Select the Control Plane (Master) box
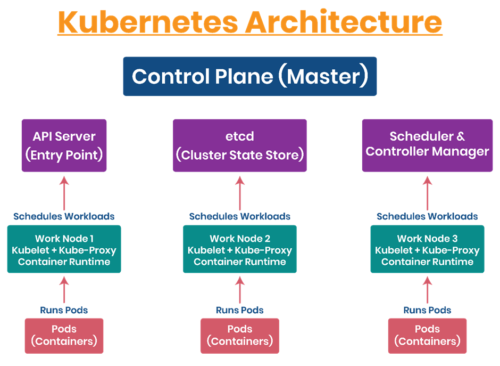coord(250,76)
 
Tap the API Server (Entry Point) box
coord(64,145)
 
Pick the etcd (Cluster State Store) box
coord(240,145)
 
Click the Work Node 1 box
coord(64,249)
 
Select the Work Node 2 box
coord(240,249)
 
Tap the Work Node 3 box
coord(427,249)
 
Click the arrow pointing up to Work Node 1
coord(64,290)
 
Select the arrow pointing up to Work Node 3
coord(427,290)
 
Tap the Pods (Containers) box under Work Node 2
coord(240,335)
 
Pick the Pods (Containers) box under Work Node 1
coord(64,335)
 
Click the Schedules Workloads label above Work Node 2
coord(240,217)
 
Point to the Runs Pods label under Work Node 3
coord(427,310)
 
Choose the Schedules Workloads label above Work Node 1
coord(64,217)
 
